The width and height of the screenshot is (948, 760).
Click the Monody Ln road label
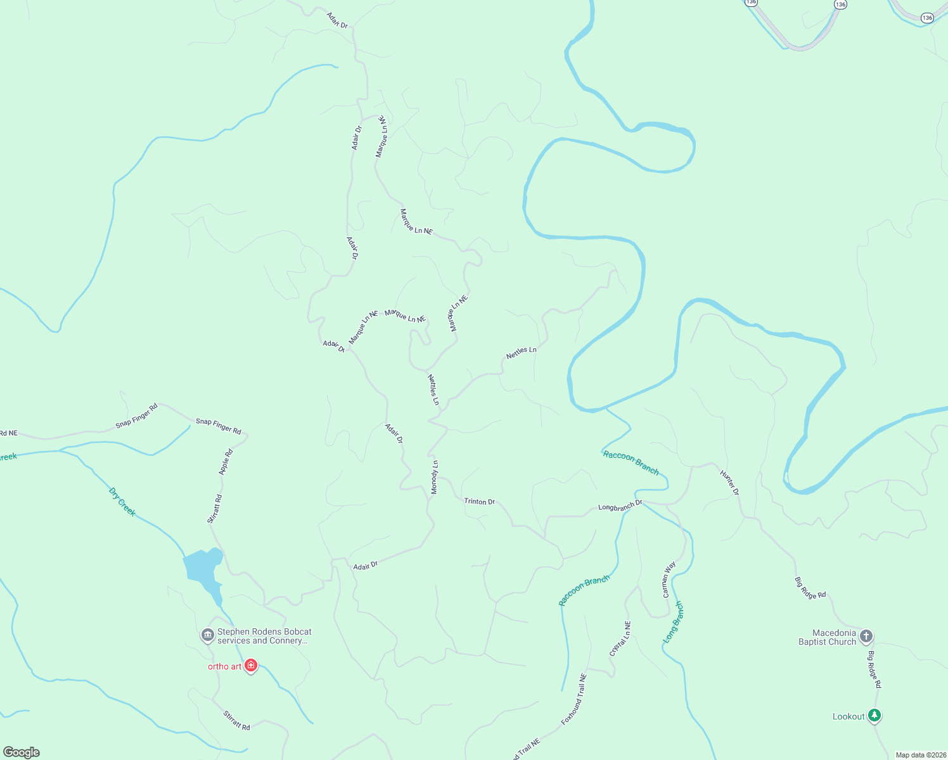pos(435,477)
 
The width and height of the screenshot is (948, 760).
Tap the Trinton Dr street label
pos(479,501)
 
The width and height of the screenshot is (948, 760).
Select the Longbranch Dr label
pos(620,507)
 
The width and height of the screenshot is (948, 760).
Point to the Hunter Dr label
pos(729,483)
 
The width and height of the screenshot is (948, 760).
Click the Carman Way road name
pos(669,579)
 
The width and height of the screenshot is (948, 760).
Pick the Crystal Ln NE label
pos(620,638)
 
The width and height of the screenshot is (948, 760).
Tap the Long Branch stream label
pos(674,622)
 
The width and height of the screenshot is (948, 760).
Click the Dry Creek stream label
pos(122,502)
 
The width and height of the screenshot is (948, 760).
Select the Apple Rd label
pos(226,462)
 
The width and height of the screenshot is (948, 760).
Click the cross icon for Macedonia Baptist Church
pos(866,636)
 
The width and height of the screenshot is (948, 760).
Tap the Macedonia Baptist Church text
pos(827,637)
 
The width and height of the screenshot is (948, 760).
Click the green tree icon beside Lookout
pos(874,716)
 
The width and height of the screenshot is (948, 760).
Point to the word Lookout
pos(849,716)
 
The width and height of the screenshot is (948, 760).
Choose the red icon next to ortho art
pos(251,666)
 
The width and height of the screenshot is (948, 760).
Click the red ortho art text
pos(225,666)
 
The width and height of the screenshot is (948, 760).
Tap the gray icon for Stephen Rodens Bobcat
pos(207,635)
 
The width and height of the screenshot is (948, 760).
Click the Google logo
pos(22,752)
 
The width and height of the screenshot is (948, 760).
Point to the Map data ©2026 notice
pos(920,755)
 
